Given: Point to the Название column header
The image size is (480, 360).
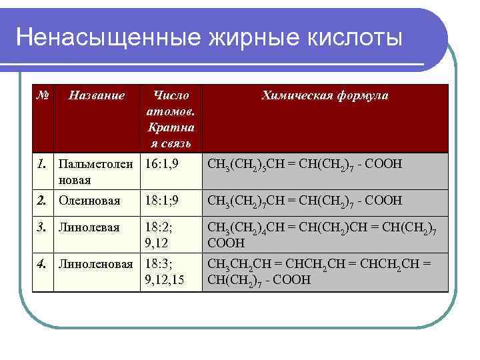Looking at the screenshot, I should click(x=97, y=95).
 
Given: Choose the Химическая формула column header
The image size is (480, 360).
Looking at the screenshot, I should click(x=325, y=95).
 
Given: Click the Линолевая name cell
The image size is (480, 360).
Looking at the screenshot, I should click(x=89, y=227).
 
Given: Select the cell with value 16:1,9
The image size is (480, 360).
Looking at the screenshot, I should click(x=163, y=163).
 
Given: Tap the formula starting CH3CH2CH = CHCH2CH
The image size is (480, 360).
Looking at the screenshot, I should click(x=319, y=271).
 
